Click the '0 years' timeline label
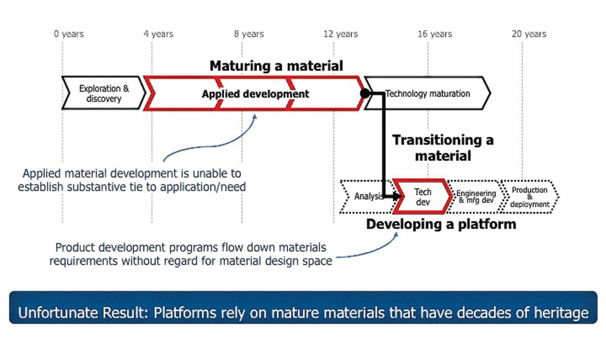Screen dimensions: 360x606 point(69,34)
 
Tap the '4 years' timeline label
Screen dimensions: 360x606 point(158,34)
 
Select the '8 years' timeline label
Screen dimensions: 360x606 point(249,34)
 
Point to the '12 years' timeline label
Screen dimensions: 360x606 point(340,34)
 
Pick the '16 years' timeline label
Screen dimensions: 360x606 point(435,34)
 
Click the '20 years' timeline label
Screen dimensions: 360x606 point(529,34)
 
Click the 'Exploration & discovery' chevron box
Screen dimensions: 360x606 point(104,93)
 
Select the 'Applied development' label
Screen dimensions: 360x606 point(255,94)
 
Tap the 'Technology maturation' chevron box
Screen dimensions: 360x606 point(428,94)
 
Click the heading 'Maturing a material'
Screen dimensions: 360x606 point(276,66)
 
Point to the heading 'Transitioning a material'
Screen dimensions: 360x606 point(443,148)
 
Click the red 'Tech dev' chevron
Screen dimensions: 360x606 point(423,197)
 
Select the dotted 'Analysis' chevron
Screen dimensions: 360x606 point(365,197)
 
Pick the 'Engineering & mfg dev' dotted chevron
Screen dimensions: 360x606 point(476,197)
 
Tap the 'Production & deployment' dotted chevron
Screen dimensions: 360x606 point(529,197)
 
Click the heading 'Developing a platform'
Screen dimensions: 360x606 point(441,224)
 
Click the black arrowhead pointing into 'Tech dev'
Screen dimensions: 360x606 point(398,196)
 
